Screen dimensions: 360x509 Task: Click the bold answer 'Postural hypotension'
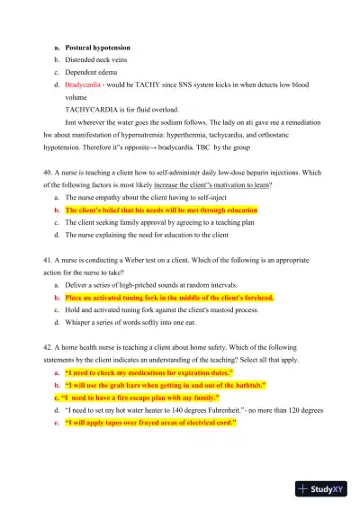98,47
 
